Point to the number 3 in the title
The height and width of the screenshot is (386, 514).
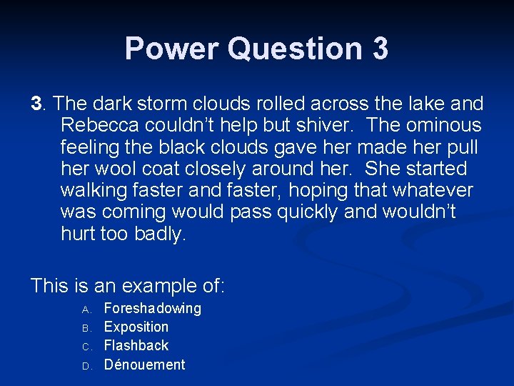coord(380,49)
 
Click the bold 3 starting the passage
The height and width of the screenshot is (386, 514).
coord(36,104)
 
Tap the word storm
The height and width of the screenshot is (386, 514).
coord(177,104)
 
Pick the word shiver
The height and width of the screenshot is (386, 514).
coord(331,126)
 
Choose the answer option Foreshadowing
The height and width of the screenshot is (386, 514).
coord(152,308)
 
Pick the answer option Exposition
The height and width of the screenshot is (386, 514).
coord(136,327)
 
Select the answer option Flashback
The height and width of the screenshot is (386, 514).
coord(136,345)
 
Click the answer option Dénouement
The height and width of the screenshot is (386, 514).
coord(144,365)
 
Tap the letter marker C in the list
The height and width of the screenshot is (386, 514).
coord(84,347)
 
